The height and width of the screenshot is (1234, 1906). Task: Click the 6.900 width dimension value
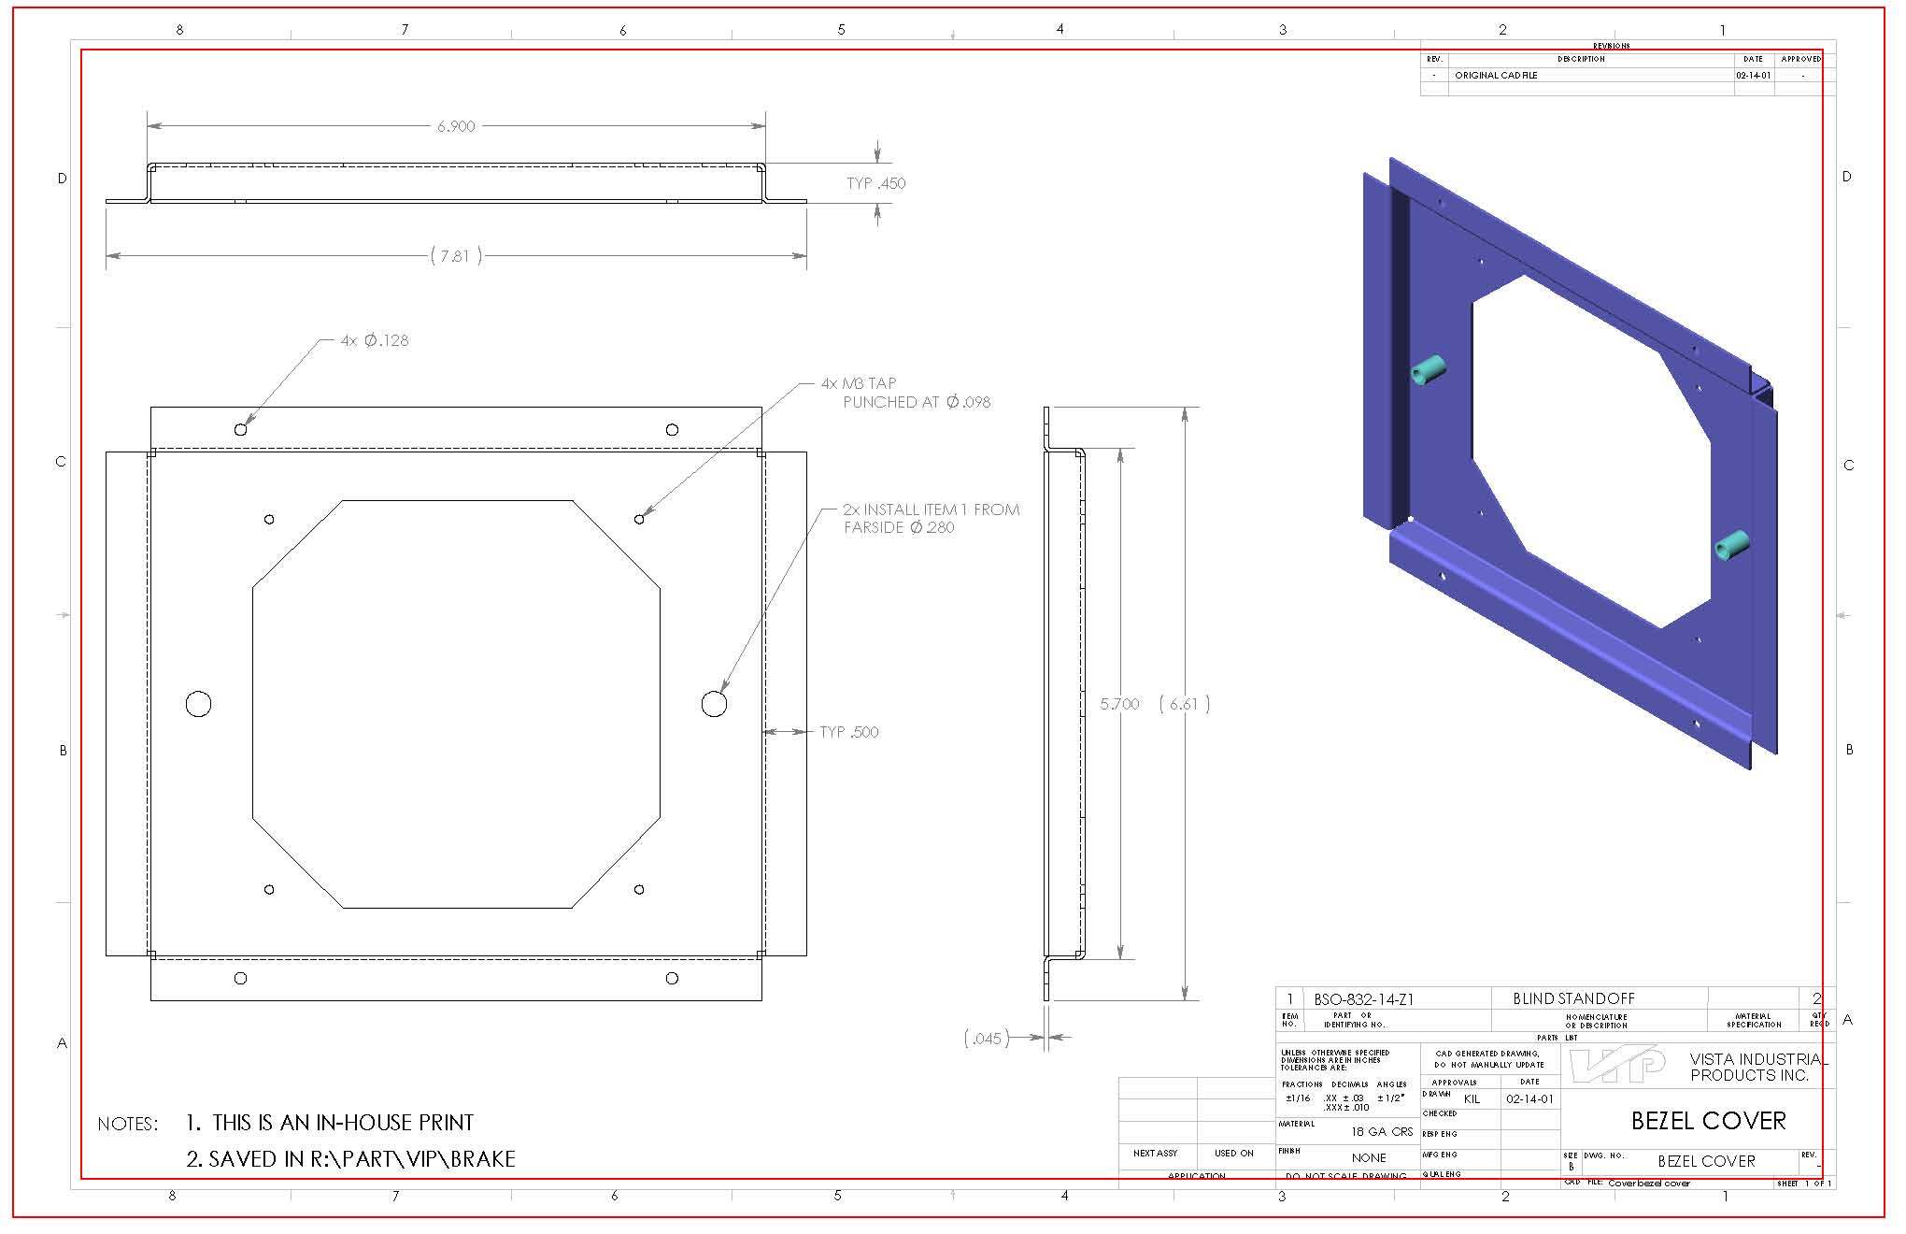point(456,126)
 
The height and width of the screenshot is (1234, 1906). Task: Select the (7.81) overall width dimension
point(456,255)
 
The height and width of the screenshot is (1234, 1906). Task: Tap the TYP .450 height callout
point(875,183)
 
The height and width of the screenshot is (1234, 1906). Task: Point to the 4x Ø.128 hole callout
point(375,340)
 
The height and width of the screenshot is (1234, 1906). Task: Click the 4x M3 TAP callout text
point(859,383)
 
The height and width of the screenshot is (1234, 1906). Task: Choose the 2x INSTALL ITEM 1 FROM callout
point(931,509)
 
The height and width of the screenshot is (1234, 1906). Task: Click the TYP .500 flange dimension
point(848,732)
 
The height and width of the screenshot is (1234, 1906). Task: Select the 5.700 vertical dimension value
point(1119,704)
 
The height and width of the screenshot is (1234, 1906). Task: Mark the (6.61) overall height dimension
point(1184,704)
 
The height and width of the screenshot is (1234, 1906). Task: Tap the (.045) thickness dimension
point(987,1038)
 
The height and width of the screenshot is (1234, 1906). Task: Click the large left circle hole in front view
point(199,704)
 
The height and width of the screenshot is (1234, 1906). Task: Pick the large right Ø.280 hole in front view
point(714,704)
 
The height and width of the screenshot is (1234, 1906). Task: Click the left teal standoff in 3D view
point(1427,370)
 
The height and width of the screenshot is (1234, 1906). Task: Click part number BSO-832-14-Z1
point(1363,999)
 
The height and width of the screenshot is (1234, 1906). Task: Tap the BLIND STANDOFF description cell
point(1573,998)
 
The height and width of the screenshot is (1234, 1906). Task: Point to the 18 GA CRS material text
point(1382,1131)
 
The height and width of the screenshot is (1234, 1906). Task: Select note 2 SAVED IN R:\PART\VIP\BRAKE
point(351,1159)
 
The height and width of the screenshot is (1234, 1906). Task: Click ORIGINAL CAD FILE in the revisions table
point(1495,76)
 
